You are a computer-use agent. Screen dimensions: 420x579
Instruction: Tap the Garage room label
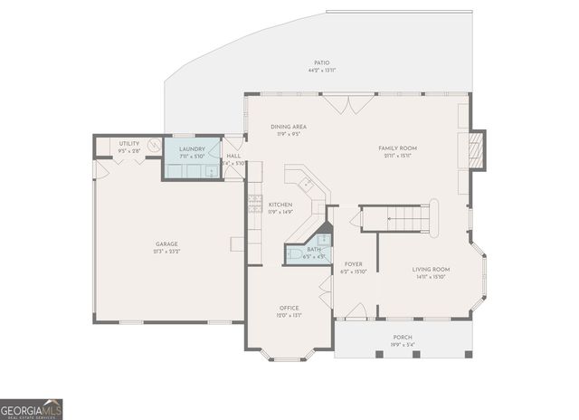coord(166,243)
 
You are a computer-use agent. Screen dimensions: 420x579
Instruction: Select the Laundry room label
coord(192,149)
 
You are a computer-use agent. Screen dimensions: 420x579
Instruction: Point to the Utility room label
coord(129,143)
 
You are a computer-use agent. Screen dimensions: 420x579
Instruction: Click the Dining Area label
coord(289,127)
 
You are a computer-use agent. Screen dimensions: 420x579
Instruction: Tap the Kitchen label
coord(280,205)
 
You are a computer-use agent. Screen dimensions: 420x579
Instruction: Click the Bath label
coord(313,249)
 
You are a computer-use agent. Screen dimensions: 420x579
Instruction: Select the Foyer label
coord(353,264)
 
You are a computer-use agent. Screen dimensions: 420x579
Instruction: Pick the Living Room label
coord(431,269)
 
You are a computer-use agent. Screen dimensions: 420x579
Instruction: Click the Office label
coord(289,308)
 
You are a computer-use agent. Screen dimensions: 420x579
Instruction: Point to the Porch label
coord(403,337)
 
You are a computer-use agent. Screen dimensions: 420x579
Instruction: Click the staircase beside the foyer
coord(398,217)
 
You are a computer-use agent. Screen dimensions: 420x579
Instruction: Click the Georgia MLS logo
coord(32,408)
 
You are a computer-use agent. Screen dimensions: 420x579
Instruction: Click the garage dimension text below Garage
coord(166,251)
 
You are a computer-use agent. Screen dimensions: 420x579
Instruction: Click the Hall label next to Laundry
coord(233,156)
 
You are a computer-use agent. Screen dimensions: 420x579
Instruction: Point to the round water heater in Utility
coord(155,146)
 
